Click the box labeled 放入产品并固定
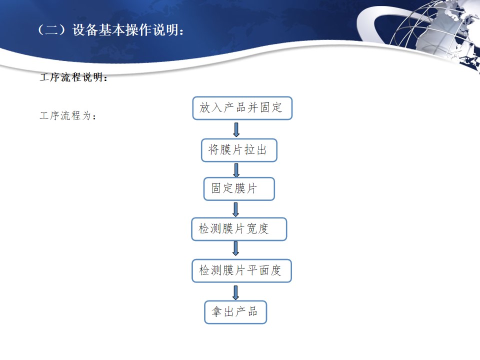[x=242, y=108]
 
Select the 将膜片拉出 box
[x=239, y=150]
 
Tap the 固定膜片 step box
[x=239, y=189]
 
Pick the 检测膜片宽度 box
[x=239, y=229]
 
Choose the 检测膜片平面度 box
[x=241, y=270]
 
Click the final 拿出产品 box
[x=235, y=312]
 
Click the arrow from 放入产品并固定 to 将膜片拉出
[x=236, y=129]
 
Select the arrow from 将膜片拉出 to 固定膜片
[x=236, y=170]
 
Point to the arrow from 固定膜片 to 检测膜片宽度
[x=235, y=209]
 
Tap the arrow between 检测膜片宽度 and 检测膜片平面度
[x=235, y=248]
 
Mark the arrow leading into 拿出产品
[x=235, y=292]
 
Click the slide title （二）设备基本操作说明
[x=110, y=30]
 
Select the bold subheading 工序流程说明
[x=73, y=77]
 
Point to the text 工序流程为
[x=67, y=115]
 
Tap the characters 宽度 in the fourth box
[x=257, y=228]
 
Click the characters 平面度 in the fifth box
[x=264, y=270]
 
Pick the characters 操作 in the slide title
[x=138, y=30]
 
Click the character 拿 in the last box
[x=216, y=312]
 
